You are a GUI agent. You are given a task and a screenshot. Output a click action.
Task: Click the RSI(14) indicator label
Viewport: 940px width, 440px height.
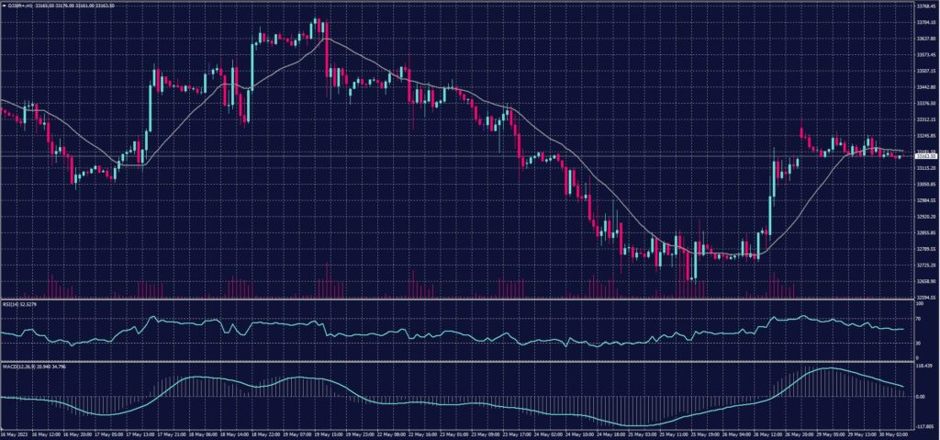(18, 304)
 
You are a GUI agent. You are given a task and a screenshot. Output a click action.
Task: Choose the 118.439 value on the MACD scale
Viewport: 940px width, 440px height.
(923, 366)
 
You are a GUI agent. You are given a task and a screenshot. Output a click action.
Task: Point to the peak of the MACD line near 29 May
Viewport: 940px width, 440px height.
(827, 368)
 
